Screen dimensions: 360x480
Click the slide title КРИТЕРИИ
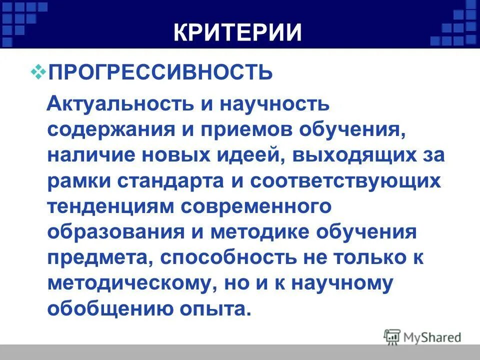click(x=238, y=32)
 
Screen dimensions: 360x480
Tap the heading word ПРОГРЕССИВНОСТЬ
click(x=160, y=73)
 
